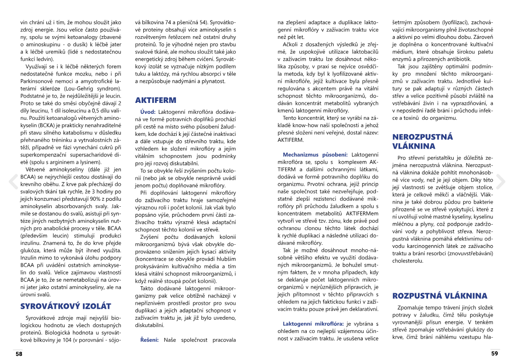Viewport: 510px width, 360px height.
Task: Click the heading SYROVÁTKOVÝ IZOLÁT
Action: pyautogui.click(x=66, y=306)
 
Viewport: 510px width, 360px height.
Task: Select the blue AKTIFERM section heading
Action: pyautogui.click(x=156, y=100)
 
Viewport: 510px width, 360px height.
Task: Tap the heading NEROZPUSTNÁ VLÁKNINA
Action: pyautogui.click(x=423, y=141)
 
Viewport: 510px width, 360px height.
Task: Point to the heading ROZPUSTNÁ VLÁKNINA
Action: pyautogui.click(x=440, y=296)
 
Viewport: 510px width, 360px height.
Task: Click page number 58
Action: pyautogui.click(x=19, y=354)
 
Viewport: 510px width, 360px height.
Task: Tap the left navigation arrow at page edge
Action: pyautogui.click(x=12, y=181)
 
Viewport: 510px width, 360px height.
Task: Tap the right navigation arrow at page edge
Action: pyautogui.click(x=500, y=181)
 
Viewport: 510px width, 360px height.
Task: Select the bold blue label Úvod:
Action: pyautogui.click(x=147, y=112)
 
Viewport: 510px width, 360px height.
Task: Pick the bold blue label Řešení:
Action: pyautogui.click(x=149, y=339)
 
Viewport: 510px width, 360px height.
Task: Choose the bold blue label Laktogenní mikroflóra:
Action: pyautogui.click(x=314, y=323)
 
